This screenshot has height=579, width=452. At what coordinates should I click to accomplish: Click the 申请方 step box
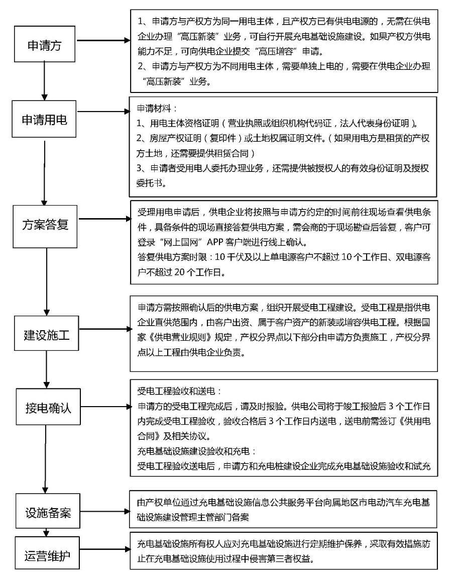click(x=45, y=44)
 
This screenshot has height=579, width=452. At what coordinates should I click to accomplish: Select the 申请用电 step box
click(x=44, y=119)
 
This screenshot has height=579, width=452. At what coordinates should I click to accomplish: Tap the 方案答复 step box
click(x=45, y=226)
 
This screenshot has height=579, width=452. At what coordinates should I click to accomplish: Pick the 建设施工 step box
click(x=47, y=333)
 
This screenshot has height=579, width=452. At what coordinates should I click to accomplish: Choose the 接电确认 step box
click(x=48, y=407)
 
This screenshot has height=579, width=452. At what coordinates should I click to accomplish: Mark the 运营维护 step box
click(x=47, y=553)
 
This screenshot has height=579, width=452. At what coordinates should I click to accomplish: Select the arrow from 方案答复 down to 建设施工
click(x=47, y=282)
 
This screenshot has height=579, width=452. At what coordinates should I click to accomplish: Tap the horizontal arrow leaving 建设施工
click(x=105, y=329)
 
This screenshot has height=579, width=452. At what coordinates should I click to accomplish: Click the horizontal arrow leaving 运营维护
click(x=105, y=549)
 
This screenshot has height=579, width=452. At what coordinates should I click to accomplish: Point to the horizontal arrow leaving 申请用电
click(x=103, y=111)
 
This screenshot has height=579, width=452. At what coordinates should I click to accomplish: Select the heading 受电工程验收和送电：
click(x=180, y=392)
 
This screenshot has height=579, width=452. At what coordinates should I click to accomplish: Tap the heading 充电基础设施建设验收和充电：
click(x=197, y=451)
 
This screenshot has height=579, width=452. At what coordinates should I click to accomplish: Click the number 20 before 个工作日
click(x=179, y=272)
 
